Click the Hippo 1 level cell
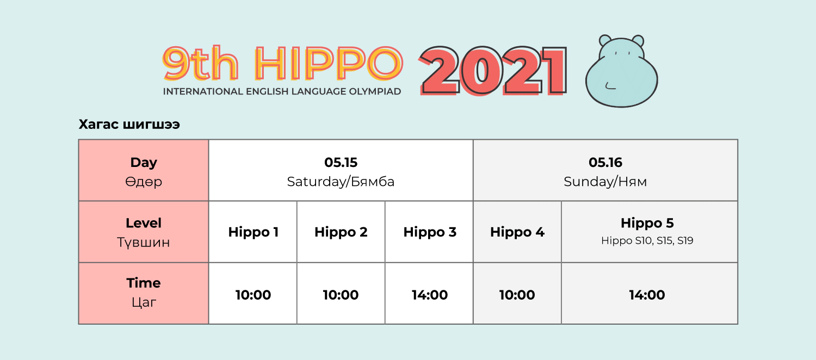(x=253, y=232)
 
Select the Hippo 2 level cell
(x=341, y=232)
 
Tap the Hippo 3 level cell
(x=430, y=232)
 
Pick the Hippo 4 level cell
(x=517, y=232)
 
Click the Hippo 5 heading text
(x=647, y=223)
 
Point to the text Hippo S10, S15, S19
(x=647, y=240)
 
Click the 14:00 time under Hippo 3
(x=430, y=295)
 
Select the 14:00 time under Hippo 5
(x=647, y=295)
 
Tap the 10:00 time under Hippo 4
(x=517, y=295)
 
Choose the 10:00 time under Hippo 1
(x=253, y=295)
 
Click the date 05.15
(x=341, y=163)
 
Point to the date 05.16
(x=605, y=163)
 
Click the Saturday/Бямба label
(x=341, y=182)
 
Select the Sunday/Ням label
(x=605, y=182)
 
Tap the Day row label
(x=144, y=163)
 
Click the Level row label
(x=144, y=223)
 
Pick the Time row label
(x=144, y=283)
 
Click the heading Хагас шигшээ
(x=129, y=125)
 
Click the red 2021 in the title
(x=493, y=71)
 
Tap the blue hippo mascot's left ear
(x=605, y=40)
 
